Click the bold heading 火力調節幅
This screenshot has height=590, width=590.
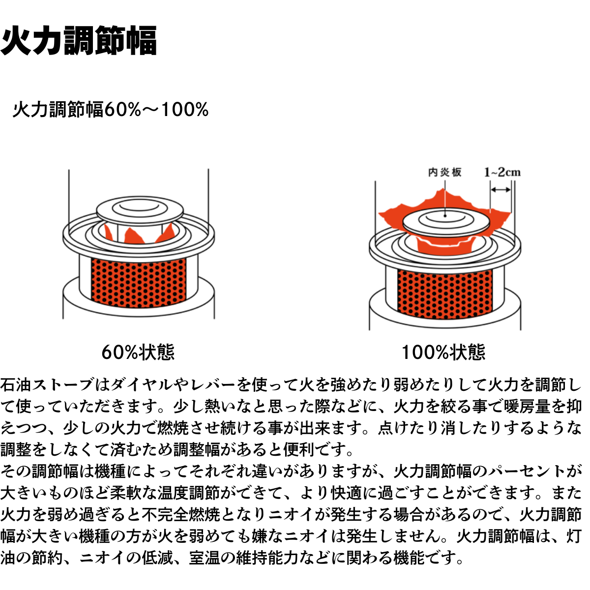(79, 41)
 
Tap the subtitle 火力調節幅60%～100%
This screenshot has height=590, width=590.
(111, 110)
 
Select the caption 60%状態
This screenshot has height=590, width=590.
(138, 352)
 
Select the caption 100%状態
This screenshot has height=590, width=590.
(443, 352)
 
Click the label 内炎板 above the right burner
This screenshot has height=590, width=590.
(445, 173)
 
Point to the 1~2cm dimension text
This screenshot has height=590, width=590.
(502, 173)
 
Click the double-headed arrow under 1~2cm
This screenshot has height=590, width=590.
(501, 190)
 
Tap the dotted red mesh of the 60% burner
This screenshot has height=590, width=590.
(139, 283)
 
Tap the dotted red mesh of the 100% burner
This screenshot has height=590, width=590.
(445, 295)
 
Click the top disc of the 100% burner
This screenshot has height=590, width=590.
(445, 223)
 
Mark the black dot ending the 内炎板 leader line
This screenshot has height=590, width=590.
(445, 216)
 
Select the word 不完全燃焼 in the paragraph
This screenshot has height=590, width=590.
(180, 514)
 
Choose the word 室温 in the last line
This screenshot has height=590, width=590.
(205, 558)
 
